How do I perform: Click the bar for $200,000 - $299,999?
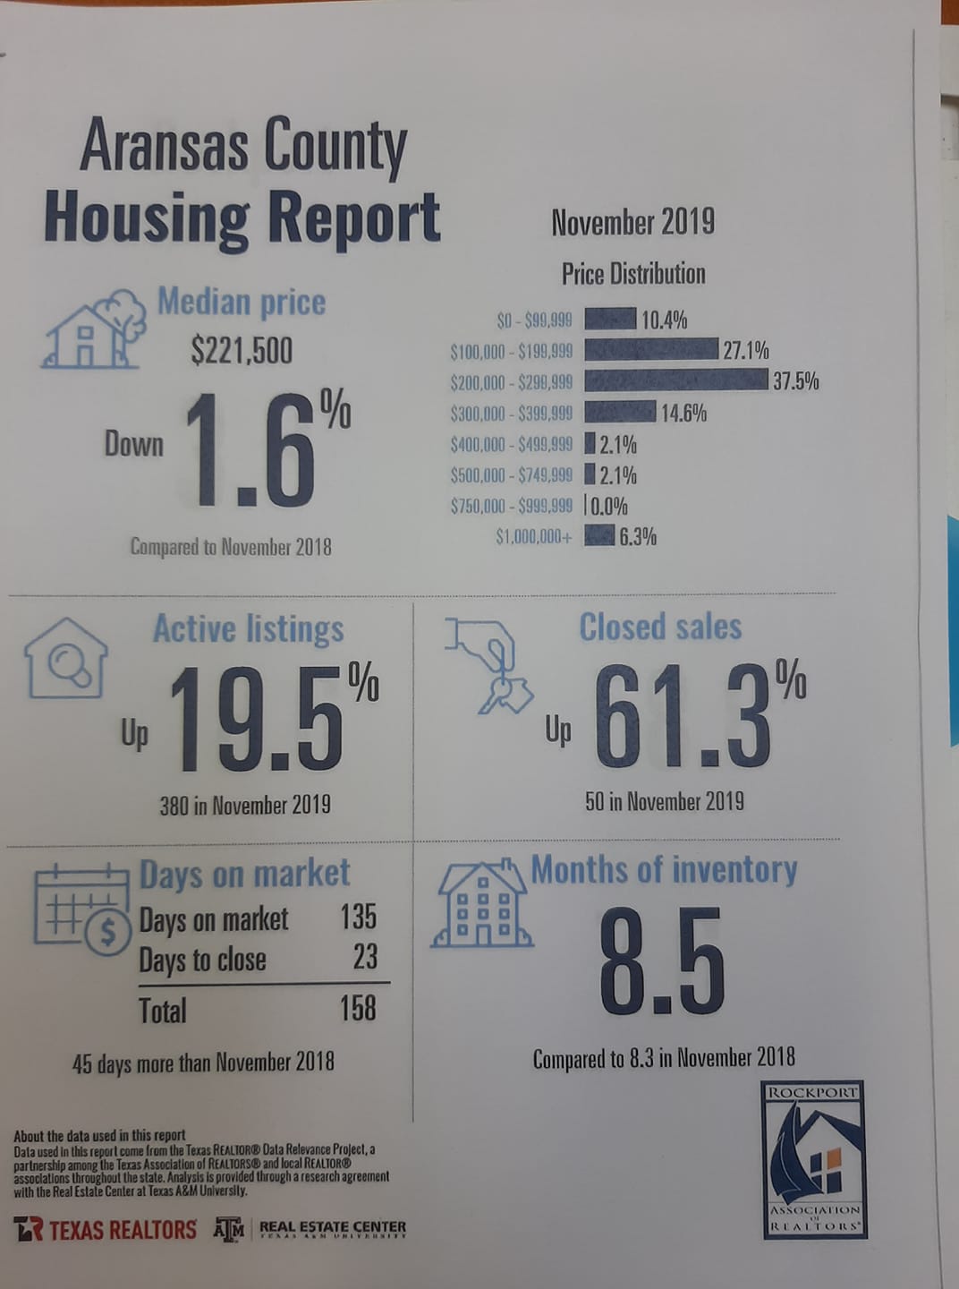tap(676, 380)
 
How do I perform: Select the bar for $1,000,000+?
tap(599, 536)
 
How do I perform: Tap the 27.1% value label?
tap(746, 350)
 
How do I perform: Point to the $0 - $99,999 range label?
tap(534, 320)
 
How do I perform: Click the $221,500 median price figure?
tap(242, 352)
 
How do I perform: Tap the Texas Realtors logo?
tap(106, 1229)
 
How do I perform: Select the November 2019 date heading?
tap(633, 222)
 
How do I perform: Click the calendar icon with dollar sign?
tap(82, 911)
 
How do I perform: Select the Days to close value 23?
tap(365, 957)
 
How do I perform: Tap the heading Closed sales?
tap(660, 627)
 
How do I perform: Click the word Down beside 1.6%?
tap(134, 445)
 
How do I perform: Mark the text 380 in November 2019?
tap(245, 806)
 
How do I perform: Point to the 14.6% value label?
tap(683, 414)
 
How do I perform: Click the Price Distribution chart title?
tap(633, 274)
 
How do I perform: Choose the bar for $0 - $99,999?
tap(610, 319)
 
